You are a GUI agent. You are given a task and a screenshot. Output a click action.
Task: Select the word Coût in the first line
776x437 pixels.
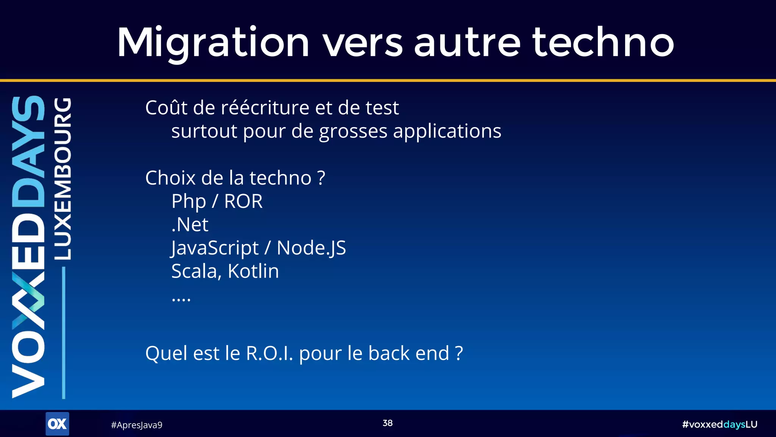click(x=166, y=108)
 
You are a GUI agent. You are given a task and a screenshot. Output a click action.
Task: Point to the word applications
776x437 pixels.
click(x=447, y=131)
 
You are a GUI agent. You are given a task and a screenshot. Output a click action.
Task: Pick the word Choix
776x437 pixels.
click(x=170, y=178)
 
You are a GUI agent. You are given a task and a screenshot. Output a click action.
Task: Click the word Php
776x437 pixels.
click(x=189, y=201)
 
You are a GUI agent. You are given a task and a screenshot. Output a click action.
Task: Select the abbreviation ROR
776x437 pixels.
click(x=243, y=201)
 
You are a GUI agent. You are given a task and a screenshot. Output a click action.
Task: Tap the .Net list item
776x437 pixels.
click(x=190, y=225)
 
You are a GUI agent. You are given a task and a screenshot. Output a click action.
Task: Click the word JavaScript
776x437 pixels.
click(x=215, y=248)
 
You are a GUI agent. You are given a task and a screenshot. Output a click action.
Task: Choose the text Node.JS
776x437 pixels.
click(x=311, y=248)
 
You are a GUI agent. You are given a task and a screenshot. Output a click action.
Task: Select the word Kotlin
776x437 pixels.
click(x=253, y=271)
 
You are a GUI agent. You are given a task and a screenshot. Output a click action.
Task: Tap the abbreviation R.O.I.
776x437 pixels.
click(x=269, y=353)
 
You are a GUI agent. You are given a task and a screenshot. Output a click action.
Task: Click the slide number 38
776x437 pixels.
click(x=388, y=423)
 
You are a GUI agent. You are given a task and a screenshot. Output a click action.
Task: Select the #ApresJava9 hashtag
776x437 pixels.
click(x=136, y=425)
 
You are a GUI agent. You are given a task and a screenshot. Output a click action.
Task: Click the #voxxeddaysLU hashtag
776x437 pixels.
click(x=719, y=424)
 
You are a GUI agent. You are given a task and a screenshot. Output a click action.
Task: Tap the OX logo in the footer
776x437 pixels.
click(x=57, y=424)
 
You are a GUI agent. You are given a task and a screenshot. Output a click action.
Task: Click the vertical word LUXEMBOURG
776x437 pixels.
click(x=63, y=178)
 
